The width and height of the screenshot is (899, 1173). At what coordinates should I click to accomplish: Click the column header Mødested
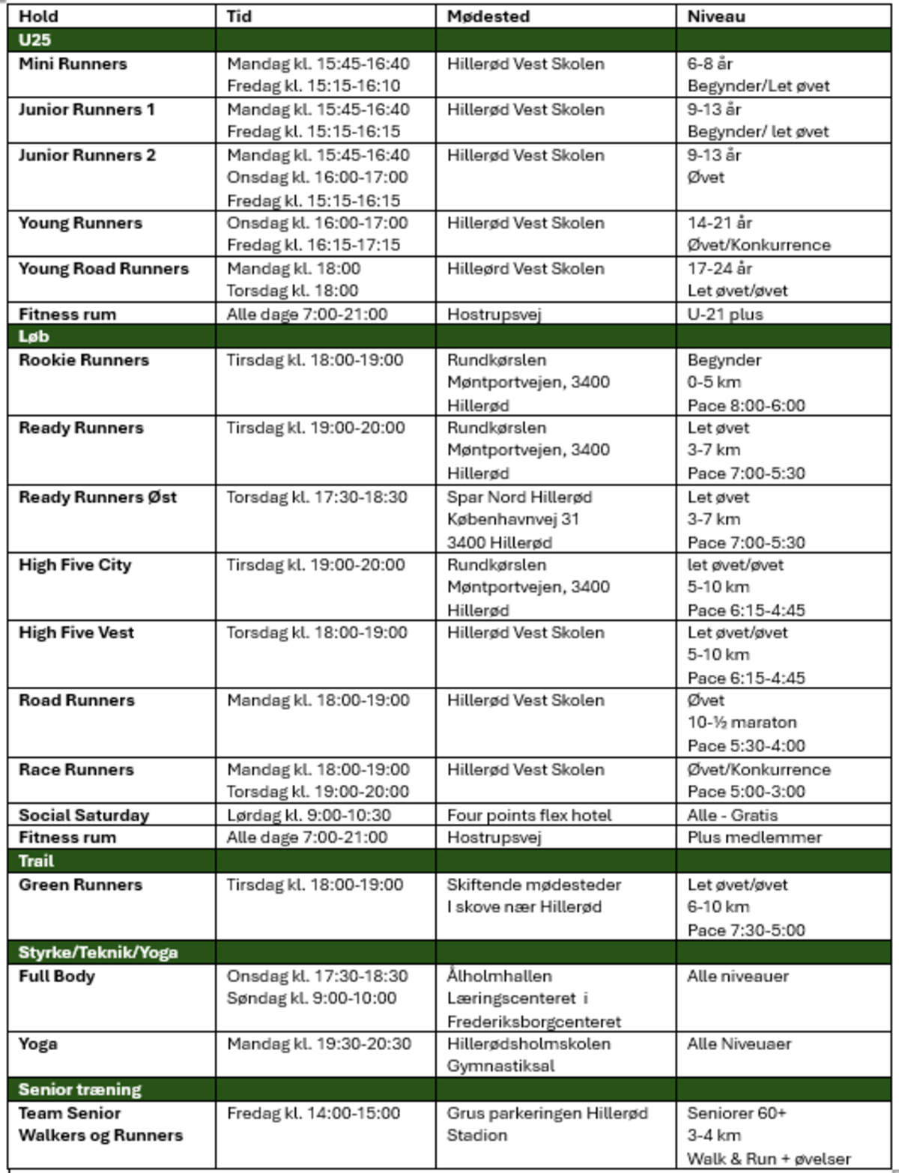click(488, 16)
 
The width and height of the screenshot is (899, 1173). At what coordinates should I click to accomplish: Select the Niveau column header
click(715, 16)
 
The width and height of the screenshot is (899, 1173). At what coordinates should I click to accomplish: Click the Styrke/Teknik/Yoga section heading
click(98, 952)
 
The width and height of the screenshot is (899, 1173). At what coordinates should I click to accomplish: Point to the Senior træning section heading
click(79, 1089)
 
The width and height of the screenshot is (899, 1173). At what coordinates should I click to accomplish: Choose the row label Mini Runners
click(73, 64)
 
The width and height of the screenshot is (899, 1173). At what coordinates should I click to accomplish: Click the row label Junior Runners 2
click(87, 155)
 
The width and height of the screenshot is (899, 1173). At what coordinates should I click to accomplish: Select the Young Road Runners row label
click(103, 268)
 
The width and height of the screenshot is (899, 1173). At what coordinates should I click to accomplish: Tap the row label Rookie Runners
click(84, 360)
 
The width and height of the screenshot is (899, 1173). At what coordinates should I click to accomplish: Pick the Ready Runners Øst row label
click(97, 497)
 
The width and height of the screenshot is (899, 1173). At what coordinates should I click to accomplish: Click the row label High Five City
click(75, 565)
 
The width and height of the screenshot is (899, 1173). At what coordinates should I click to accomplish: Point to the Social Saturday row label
click(84, 815)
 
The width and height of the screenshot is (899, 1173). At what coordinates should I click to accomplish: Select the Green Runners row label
click(80, 884)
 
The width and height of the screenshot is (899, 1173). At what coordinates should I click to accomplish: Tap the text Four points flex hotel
click(529, 815)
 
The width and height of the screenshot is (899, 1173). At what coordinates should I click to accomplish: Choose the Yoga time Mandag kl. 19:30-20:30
click(318, 1043)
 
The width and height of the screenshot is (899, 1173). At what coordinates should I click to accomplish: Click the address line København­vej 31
click(512, 519)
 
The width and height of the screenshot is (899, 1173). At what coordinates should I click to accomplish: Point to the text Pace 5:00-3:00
click(746, 792)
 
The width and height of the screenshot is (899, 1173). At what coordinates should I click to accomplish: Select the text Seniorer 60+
click(736, 1113)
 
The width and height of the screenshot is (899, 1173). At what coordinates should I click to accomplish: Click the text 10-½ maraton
click(742, 722)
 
